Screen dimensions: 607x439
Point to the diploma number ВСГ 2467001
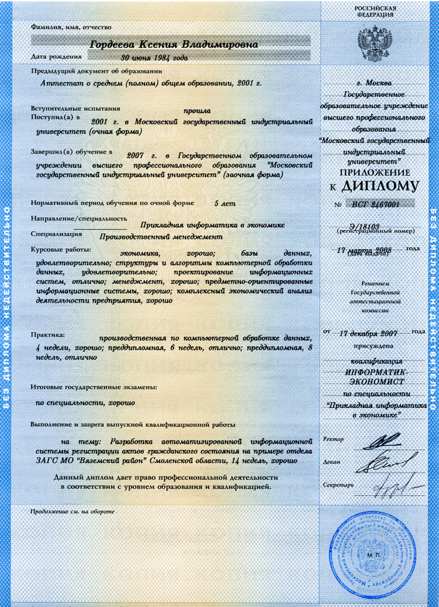click(x=375, y=205)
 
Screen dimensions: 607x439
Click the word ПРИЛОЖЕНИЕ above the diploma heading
click(x=374, y=172)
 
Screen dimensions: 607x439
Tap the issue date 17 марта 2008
click(x=364, y=250)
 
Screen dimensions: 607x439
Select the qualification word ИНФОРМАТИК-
click(x=375, y=371)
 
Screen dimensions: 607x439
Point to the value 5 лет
click(x=225, y=203)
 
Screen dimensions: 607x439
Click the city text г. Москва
click(x=374, y=83)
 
